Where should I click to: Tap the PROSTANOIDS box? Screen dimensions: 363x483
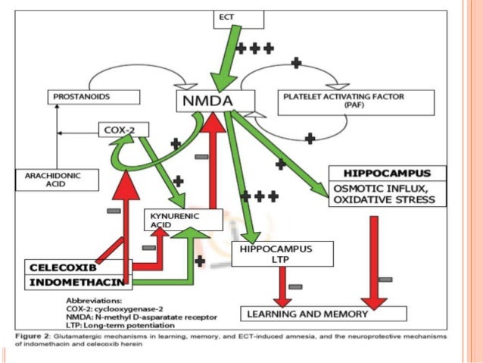[x=95, y=97]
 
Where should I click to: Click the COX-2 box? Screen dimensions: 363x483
[x=122, y=130]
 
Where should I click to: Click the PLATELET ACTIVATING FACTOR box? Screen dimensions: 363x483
[x=356, y=102]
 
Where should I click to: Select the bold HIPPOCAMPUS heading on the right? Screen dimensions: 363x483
[x=385, y=173]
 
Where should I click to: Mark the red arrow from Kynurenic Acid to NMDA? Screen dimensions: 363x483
[x=216, y=159]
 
